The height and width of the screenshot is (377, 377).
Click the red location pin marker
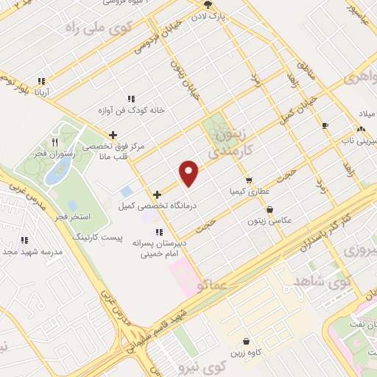pos(190,172)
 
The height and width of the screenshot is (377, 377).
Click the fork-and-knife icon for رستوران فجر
pos(54,141)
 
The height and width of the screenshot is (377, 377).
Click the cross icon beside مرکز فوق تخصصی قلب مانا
pos(112,135)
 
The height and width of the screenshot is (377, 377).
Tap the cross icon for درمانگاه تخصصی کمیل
pos(157,195)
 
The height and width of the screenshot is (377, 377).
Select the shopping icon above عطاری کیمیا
pos(249,180)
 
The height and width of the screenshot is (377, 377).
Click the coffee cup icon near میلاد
pos(325,126)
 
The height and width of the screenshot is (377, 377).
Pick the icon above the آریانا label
pos(41,82)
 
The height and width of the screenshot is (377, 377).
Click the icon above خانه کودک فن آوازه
pos(131,99)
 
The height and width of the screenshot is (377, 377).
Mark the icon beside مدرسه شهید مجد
pos(24,240)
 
